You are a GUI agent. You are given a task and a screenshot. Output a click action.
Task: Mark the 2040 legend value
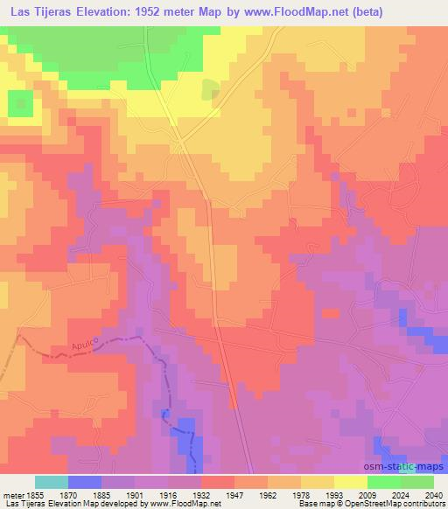point(433,494)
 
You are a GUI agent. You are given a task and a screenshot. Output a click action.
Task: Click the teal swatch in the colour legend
point(52,482)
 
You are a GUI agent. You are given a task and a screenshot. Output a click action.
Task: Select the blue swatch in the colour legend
point(85,482)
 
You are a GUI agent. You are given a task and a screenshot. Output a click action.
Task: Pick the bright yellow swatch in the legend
point(351,482)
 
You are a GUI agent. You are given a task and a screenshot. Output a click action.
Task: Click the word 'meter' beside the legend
point(13,494)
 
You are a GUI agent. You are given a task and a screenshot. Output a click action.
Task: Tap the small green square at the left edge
point(19,104)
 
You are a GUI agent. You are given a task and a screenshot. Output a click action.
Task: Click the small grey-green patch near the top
point(211,90)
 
